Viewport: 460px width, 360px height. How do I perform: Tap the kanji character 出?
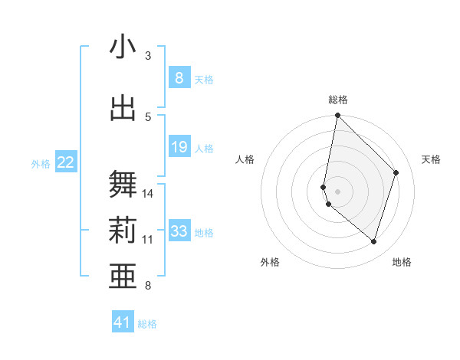(123, 108)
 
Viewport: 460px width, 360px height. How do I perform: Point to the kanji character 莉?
(123, 231)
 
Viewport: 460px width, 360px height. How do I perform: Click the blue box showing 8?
(179, 78)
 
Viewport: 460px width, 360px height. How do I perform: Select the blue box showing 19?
(179, 147)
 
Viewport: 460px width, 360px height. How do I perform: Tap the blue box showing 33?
(179, 231)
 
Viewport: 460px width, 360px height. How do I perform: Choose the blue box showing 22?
(66, 162)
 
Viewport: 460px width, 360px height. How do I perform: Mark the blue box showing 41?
(123, 322)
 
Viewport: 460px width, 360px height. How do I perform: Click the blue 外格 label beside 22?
(41, 163)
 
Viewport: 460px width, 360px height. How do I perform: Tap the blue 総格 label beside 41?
(147, 324)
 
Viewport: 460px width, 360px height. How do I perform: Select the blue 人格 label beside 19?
(204, 148)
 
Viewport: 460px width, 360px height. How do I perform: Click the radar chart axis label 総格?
(338, 100)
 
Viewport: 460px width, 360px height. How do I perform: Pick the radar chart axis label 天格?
(431, 159)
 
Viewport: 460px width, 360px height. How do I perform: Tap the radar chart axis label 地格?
(402, 262)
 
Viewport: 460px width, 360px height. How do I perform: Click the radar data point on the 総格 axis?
(337, 116)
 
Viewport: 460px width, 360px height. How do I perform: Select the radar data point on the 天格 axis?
(396, 172)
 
